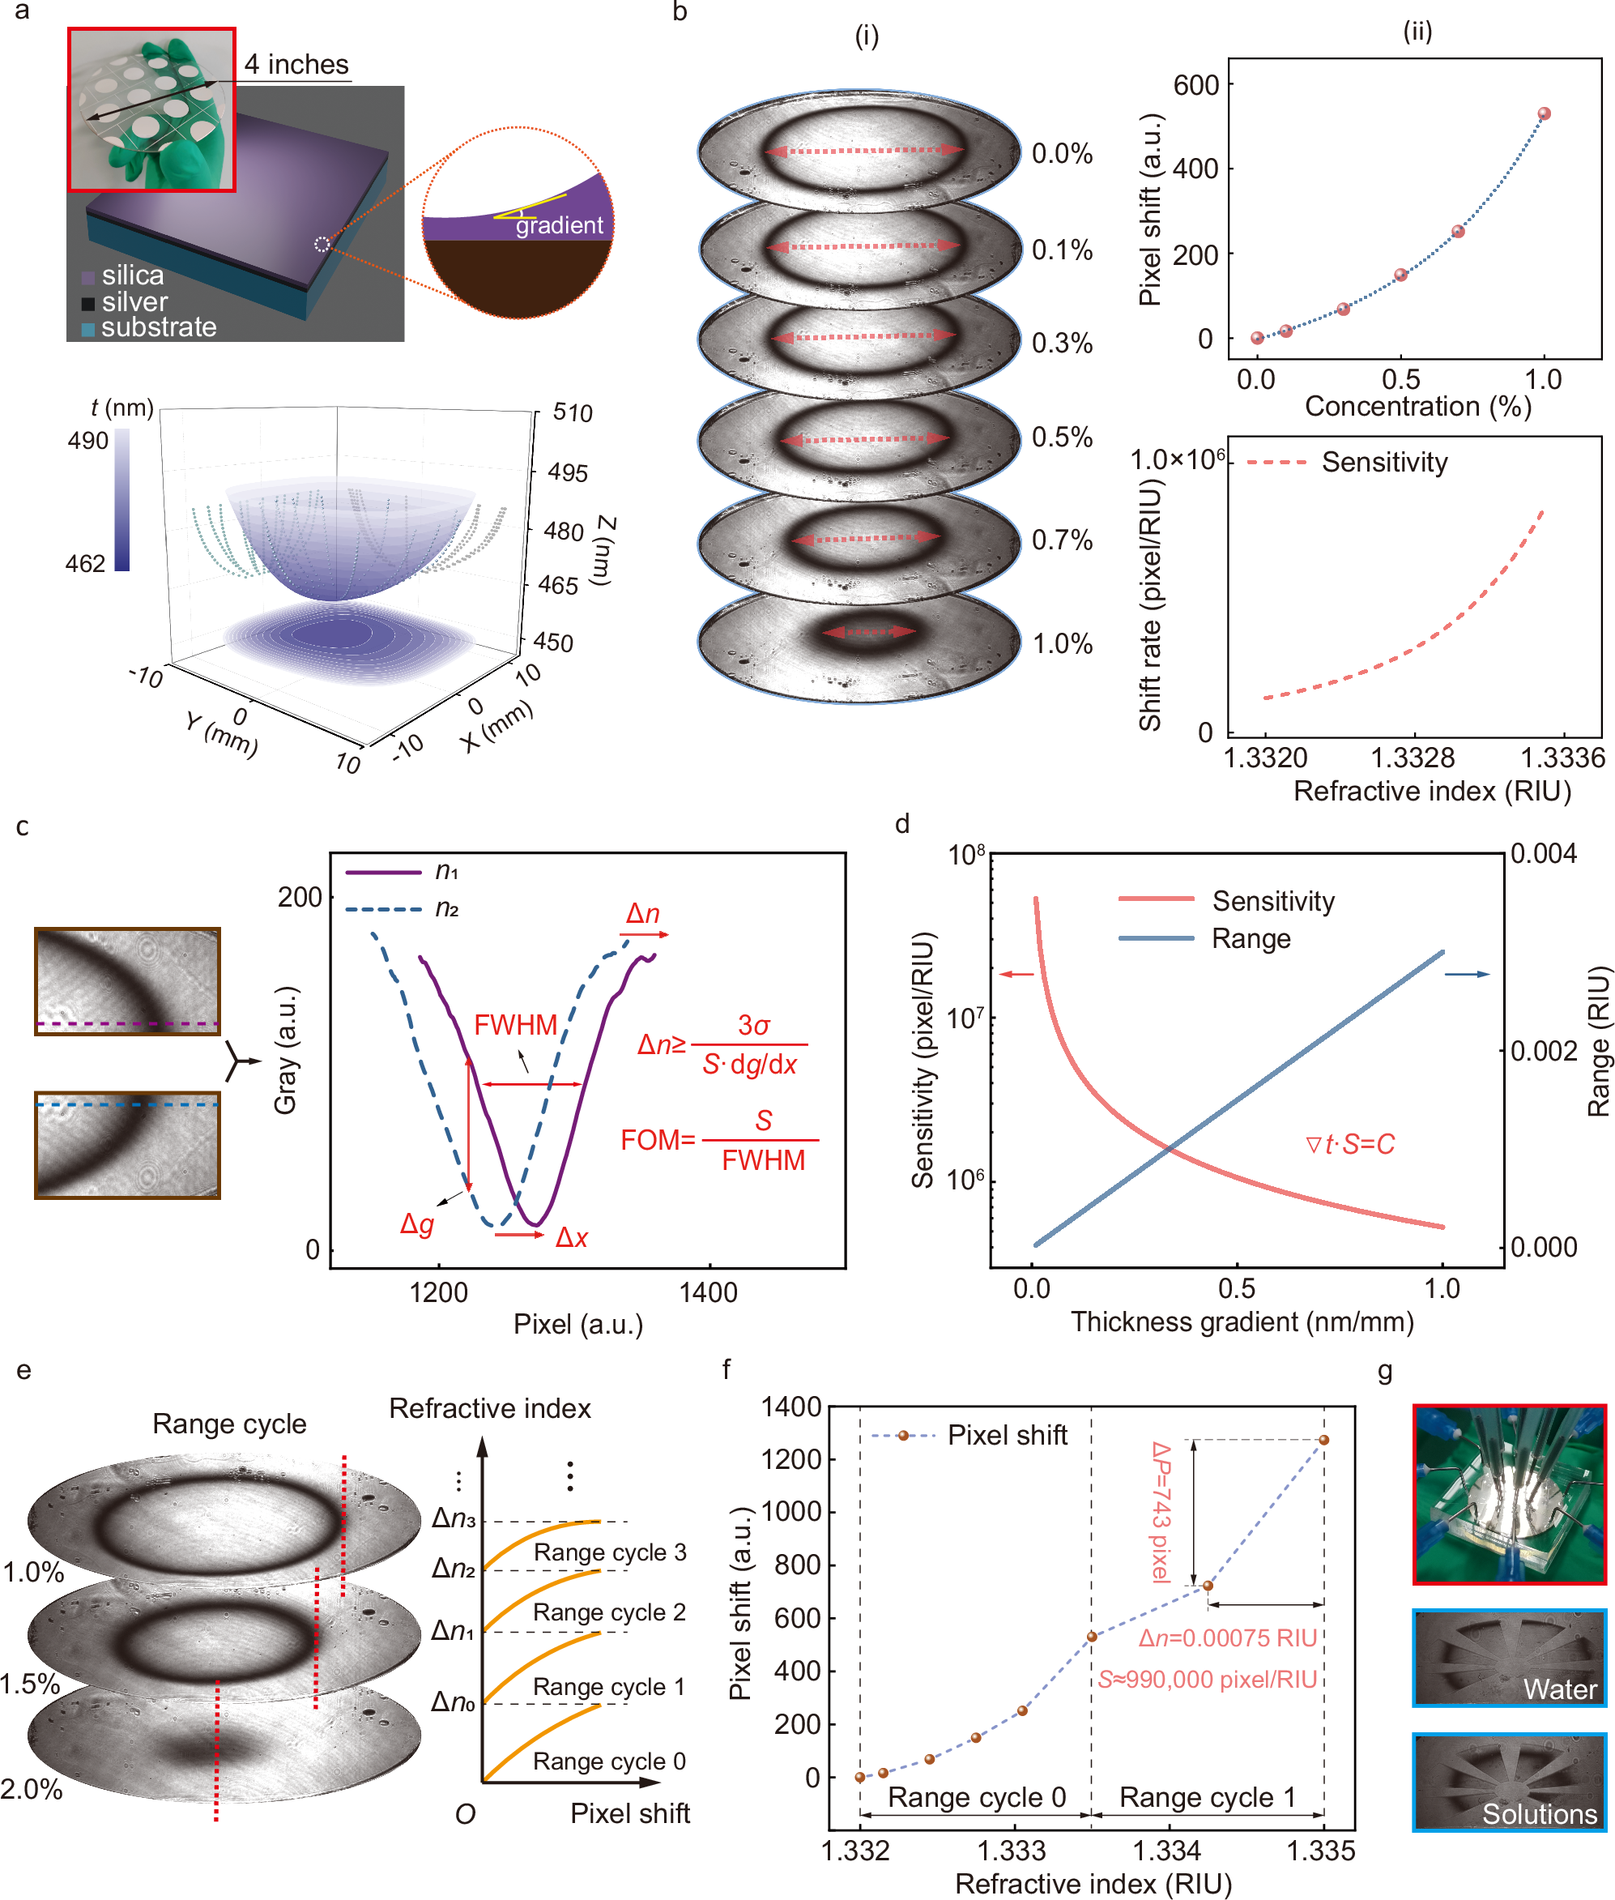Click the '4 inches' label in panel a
(x=296, y=64)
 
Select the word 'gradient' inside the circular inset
(x=559, y=225)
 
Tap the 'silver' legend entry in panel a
(x=134, y=302)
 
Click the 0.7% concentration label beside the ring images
(x=1061, y=540)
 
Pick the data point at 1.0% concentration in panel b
(x=1544, y=114)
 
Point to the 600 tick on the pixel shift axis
(x=1195, y=85)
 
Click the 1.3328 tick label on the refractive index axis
(x=1412, y=758)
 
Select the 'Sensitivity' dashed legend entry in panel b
(x=1383, y=463)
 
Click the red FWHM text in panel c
(x=515, y=1025)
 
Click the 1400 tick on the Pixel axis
(x=708, y=1293)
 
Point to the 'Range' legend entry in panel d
(x=1250, y=938)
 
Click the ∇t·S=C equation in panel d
(x=1349, y=1145)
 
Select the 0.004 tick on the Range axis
(x=1544, y=854)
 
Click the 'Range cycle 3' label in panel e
(x=610, y=1552)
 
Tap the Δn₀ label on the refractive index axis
(x=454, y=1702)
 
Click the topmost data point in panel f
(x=1323, y=1441)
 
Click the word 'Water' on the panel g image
(x=1559, y=1689)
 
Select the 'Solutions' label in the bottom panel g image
(x=1539, y=1814)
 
